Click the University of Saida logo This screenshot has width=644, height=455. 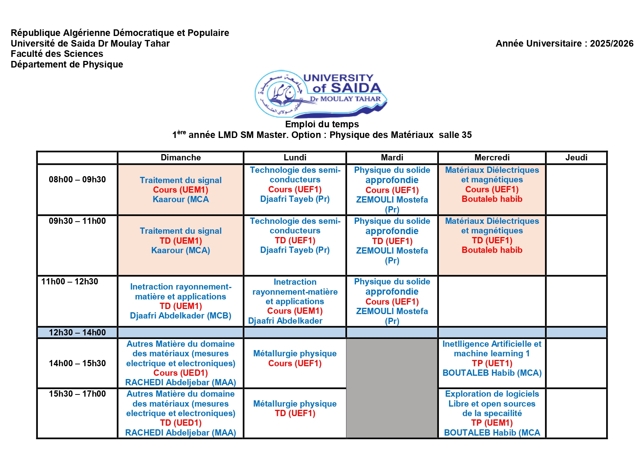(321, 94)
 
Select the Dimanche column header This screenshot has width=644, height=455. (181, 157)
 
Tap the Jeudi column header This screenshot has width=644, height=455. (576, 157)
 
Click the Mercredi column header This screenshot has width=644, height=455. (492, 157)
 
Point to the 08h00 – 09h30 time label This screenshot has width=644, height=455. (77, 179)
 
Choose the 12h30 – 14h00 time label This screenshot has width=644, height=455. (77, 332)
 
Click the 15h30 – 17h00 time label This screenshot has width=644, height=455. (77, 394)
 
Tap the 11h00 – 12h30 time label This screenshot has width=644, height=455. (70, 281)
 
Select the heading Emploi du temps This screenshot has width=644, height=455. (322, 124)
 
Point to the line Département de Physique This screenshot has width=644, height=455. (67, 64)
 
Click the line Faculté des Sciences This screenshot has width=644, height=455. (57, 54)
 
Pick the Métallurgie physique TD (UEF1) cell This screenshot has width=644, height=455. (295, 408)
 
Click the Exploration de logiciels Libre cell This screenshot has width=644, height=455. (492, 413)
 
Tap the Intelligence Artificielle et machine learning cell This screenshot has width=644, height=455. (492, 358)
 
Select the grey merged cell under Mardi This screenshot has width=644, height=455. (392, 388)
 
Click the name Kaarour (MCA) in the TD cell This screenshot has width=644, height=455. (181, 250)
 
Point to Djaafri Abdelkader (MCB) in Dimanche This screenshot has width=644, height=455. (181, 316)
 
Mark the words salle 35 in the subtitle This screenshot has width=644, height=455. (455, 135)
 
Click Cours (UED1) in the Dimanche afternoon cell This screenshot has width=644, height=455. (181, 373)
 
